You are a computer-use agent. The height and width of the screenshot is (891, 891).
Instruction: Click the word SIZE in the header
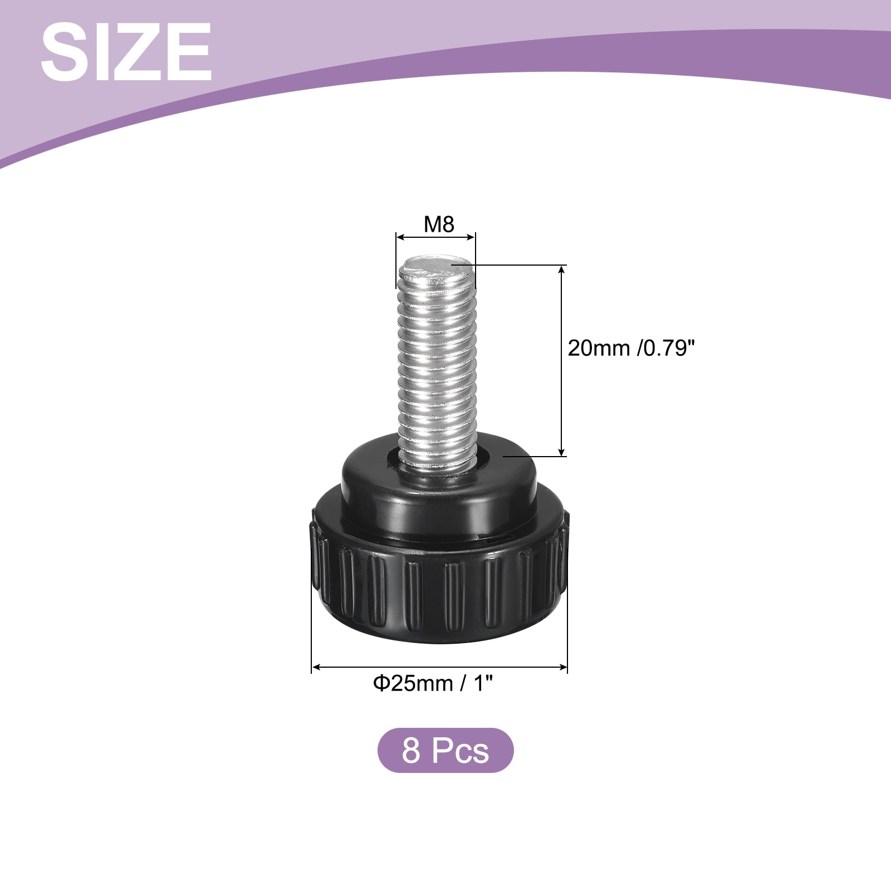pyautogui.click(x=126, y=52)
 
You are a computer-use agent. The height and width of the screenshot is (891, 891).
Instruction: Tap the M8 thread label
pyautogui.click(x=439, y=224)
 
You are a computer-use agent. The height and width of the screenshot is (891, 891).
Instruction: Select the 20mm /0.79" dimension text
pyautogui.click(x=632, y=349)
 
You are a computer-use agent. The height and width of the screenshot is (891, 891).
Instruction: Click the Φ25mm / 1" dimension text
pyautogui.click(x=433, y=683)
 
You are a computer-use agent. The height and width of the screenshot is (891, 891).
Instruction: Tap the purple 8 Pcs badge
pyautogui.click(x=445, y=750)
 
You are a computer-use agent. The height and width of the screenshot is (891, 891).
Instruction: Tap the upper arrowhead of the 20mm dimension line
pyautogui.click(x=562, y=270)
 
